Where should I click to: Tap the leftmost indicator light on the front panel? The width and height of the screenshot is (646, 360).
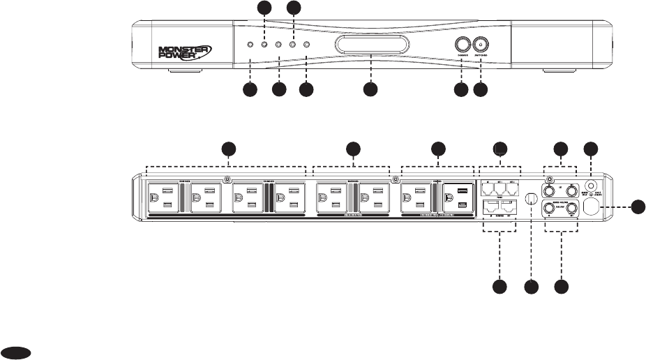[x=250, y=45]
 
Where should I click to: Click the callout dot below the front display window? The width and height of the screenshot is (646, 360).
[x=370, y=90]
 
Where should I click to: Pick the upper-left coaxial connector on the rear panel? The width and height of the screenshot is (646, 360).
[x=551, y=189]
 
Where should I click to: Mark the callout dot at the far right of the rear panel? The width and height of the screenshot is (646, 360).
[x=638, y=207]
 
